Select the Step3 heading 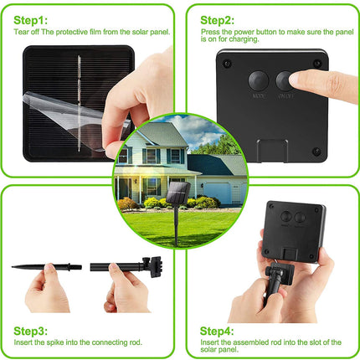[x=33, y=330]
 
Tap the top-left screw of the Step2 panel [x=225, y=60]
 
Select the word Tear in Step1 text [x=21, y=31]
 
